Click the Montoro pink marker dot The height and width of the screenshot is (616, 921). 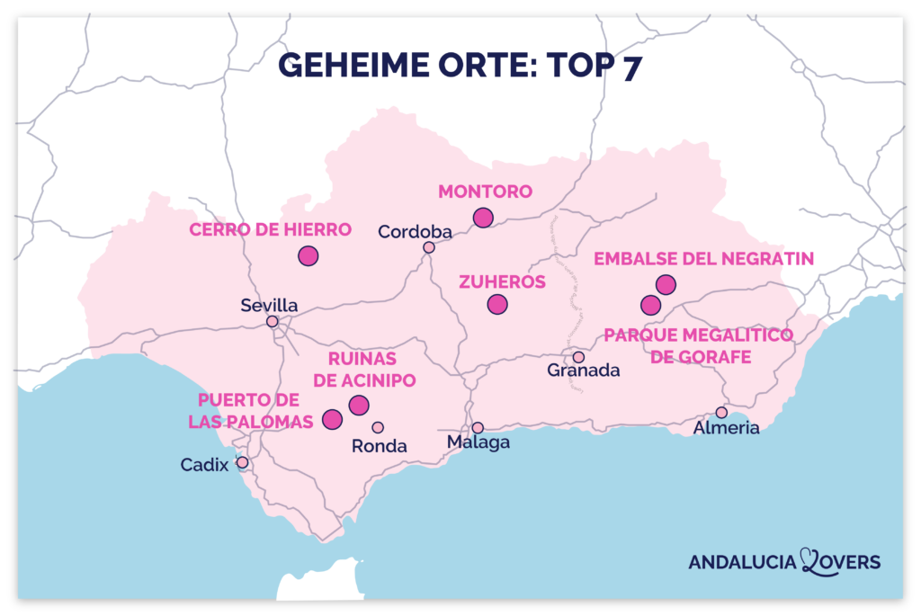[x=483, y=217]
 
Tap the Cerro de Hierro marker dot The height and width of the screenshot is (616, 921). [x=308, y=255]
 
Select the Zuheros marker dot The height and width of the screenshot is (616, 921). [x=497, y=305]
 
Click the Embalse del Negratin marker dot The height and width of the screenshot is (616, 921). [x=666, y=284]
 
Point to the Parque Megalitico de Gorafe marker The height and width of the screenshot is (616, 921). [x=651, y=305]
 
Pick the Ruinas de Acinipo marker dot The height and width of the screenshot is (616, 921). [x=359, y=405]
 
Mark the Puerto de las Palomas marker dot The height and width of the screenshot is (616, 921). [x=333, y=419]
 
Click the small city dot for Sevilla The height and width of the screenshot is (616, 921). [x=273, y=321]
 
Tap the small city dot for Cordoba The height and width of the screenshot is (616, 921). [x=429, y=247]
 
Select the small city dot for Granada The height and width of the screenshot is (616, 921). [x=578, y=357]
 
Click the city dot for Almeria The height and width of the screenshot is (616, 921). [x=721, y=412]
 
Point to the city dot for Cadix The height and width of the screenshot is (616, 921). [x=242, y=462]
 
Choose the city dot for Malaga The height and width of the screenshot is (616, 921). [x=478, y=427]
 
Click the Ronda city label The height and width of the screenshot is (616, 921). [x=380, y=446]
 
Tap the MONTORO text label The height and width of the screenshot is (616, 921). [x=485, y=192]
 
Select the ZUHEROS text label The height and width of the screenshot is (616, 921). [x=502, y=281]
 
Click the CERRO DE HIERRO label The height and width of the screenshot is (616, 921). [x=270, y=230]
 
